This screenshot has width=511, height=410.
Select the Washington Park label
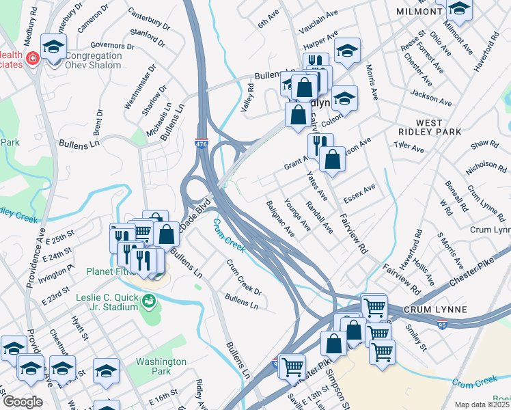point(161,366)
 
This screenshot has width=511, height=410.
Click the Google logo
point(22,401)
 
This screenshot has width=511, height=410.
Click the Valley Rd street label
point(247,98)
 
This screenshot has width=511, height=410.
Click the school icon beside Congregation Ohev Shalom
point(53,48)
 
